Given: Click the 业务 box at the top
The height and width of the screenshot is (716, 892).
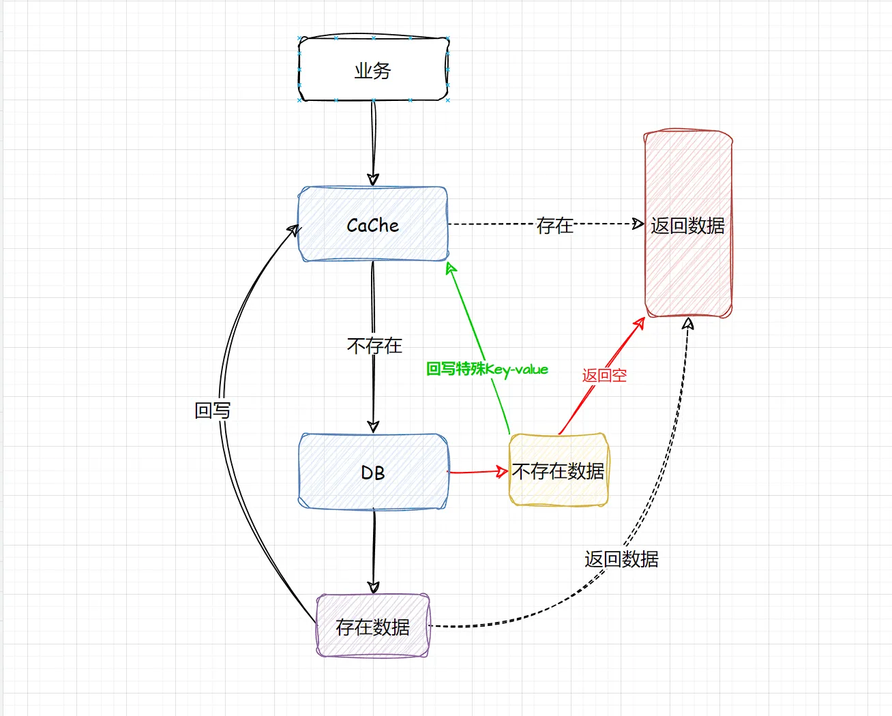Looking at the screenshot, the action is tap(373, 70).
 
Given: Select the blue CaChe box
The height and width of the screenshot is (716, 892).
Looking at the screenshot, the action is tap(373, 224).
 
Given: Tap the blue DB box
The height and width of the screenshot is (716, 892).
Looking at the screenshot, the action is tap(373, 471).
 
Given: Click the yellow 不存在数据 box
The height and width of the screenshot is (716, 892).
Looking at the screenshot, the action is tap(559, 470).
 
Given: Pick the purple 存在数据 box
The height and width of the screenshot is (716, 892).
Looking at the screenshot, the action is tap(372, 625).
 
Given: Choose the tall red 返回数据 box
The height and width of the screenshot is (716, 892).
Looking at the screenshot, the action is tap(688, 223).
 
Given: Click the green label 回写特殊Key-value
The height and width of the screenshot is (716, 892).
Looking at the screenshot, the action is tap(487, 369).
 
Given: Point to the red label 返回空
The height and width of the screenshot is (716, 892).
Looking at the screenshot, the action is tap(604, 375).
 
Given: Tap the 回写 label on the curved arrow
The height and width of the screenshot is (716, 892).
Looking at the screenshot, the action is tap(213, 411).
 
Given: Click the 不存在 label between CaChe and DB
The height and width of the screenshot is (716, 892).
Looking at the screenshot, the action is tap(374, 346).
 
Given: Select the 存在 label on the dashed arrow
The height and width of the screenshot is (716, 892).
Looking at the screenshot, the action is tap(555, 226).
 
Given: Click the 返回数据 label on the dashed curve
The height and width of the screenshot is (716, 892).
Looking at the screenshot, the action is tap(621, 559).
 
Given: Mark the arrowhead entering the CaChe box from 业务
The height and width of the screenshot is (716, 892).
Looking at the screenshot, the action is tap(373, 180).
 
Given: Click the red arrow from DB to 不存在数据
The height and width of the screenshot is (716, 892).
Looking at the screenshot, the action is tap(478, 472).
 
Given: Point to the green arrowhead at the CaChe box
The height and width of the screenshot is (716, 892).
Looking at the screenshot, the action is tap(451, 268).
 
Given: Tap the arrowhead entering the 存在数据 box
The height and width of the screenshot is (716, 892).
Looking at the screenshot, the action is tap(374, 588).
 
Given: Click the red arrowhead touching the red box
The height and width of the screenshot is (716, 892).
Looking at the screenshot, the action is tap(640, 323).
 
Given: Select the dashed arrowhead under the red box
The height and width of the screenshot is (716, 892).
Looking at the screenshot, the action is tap(688, 323).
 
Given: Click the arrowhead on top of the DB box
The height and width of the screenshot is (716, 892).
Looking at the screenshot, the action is tap(373, 427).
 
